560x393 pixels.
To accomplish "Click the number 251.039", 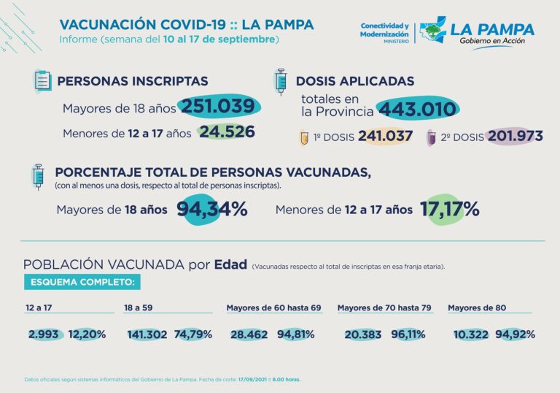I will click(218, 107).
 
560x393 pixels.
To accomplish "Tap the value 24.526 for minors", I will click(227, 132).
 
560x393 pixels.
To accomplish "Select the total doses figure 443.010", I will click(418, 110).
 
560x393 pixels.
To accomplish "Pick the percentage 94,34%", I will click(212, 210).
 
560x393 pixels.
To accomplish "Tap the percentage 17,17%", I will click(449, 210).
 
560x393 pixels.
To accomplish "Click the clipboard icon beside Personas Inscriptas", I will click(43, 80).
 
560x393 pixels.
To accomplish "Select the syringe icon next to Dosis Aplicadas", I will click(279, 81).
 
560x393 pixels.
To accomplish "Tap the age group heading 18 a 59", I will click(137, 308).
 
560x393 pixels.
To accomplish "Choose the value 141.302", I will click(147, 335).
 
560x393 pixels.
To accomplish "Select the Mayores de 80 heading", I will click(477, 308).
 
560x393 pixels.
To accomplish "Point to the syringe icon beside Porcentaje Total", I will click(38, 177).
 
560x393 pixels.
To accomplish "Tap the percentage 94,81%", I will click(298, 335).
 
